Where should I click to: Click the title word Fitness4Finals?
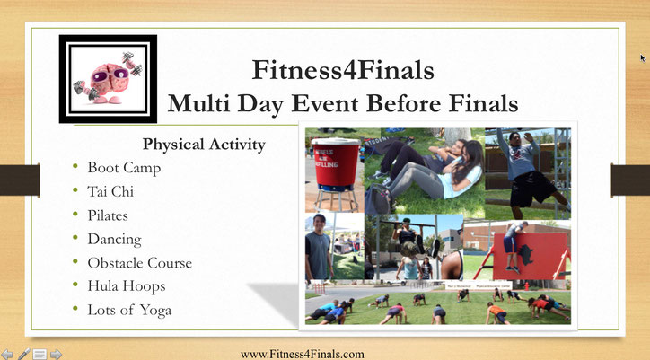tap(343, 70)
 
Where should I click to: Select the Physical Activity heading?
tap(204, 145)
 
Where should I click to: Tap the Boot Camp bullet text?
tap(124, 168)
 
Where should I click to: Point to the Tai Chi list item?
tap(110, 191)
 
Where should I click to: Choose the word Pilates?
tap(108, 215)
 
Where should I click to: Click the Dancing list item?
tap(114, 240)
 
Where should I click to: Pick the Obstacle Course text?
tap(140, 263)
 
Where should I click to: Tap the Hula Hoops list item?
tap(127, 286)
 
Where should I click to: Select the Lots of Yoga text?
tap(129, 311)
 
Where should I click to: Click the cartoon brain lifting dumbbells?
tap(108, 78)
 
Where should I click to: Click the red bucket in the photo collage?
tap(336, 163)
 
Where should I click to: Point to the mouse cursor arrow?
tap(643, 58)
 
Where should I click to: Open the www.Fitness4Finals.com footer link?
tap(303, 355)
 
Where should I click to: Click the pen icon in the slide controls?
tap(23, 355)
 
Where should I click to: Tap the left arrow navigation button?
tap(7, 355)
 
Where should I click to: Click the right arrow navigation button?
tap(56, 355)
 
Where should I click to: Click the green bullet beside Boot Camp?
tap(75, 167)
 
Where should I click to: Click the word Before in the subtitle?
tap(403, 103)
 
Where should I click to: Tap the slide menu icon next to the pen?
tap(40, 355)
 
